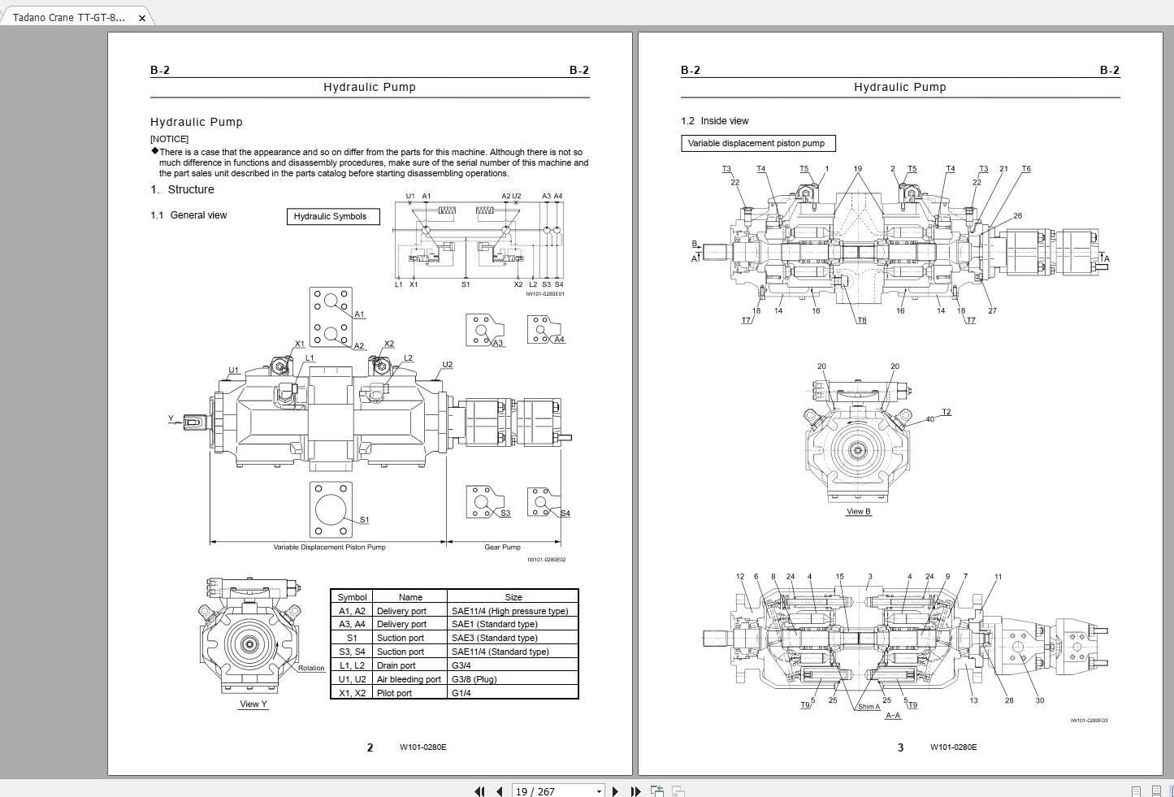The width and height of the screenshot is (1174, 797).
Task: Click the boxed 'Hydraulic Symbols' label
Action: tap(333, 217)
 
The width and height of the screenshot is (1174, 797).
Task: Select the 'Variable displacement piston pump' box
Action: tap(757, 144)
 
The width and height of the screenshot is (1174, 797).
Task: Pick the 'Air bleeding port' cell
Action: tap(409, 679)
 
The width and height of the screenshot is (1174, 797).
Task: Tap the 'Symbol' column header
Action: tap(352, 597)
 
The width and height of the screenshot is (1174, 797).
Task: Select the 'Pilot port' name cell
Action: tap(394, 693)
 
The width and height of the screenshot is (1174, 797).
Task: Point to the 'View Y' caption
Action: tap(253, 704)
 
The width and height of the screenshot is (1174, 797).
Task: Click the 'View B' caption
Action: tap(858, 512)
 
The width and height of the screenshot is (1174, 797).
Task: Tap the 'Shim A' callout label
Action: tap(869, 707)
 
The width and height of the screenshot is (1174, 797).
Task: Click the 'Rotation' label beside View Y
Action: tap(310, 668)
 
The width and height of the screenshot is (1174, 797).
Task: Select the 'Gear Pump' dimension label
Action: tap(502, 547)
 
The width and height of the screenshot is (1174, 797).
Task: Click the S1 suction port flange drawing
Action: tap(331, 509)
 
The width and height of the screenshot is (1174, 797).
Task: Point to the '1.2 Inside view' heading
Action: tap(714, 121)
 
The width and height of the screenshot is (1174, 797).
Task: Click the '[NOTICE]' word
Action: tap(169, 139)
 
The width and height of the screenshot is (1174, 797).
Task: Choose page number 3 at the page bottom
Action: tap(900, 747)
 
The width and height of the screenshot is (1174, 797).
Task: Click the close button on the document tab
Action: tap(141, 18)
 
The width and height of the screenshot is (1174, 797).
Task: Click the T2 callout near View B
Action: tap(946, 412)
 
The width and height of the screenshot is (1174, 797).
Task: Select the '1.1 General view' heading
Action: tap(188, 215)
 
